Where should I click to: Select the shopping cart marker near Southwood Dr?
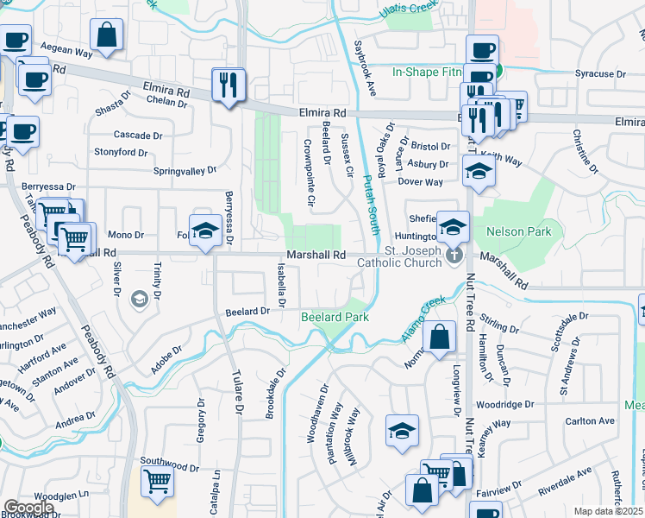156,482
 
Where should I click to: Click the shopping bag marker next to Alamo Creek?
439,338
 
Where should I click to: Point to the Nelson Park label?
517,232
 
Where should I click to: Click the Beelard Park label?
335,318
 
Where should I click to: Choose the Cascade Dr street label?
138,136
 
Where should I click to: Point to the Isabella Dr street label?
280,286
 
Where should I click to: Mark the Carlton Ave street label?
589,421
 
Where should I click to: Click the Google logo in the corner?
28,508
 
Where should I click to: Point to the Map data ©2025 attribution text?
608,511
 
